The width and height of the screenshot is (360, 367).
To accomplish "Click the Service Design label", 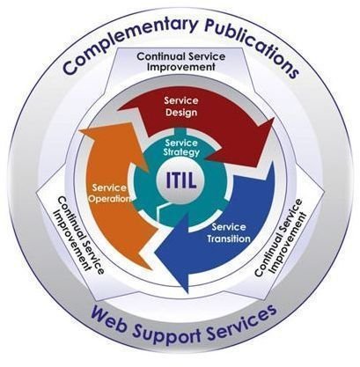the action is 181,106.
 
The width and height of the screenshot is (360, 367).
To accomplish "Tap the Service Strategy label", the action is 182,148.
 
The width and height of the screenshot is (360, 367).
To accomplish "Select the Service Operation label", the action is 109,193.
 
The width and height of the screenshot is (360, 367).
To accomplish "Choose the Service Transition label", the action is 229,232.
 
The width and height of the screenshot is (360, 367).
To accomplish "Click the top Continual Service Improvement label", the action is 181,61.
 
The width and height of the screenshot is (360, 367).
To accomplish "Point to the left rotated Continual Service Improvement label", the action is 78,235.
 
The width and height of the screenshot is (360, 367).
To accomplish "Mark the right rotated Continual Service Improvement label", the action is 279,238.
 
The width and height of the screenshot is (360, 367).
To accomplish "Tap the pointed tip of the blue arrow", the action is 187,292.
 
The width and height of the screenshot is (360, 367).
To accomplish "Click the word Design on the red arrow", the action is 181,112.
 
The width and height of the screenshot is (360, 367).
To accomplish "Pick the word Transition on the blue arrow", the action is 229,239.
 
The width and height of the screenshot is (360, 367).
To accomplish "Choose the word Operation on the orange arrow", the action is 109,198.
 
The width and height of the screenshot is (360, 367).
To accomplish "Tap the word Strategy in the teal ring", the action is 182,152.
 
